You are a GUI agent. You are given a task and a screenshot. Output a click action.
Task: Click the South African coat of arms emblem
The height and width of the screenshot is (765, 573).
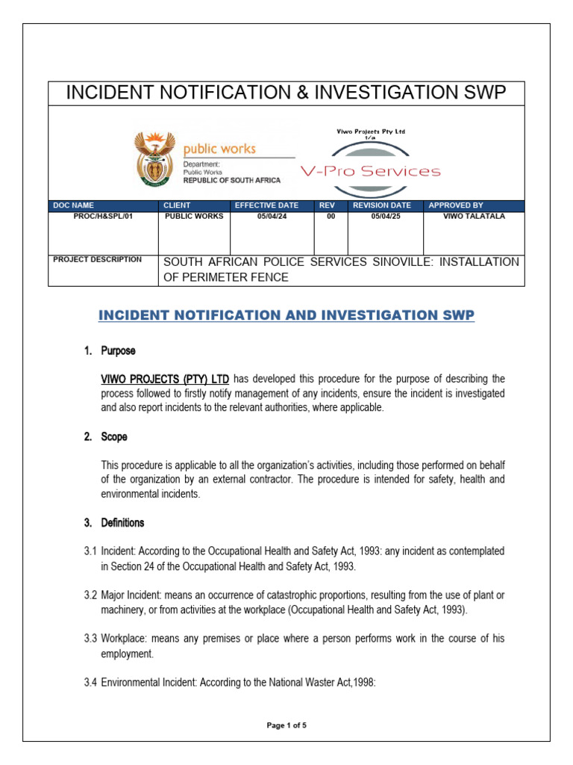(x=154, y=159)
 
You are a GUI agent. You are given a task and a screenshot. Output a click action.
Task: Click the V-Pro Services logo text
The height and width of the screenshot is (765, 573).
(x=370, y=172)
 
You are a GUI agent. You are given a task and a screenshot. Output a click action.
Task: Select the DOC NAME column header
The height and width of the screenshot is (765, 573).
(x=74, y=205)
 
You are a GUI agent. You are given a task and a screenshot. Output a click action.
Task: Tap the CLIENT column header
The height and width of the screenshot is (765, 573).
(x=178, y=205)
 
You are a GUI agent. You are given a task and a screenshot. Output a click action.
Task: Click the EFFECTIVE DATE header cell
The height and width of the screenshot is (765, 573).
(x=266, y=205)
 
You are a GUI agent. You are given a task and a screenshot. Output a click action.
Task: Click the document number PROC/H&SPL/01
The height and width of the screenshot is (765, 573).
(x=103, y=217)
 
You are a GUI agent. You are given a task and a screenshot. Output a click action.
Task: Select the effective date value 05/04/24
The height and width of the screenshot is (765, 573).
(x=272, y=217)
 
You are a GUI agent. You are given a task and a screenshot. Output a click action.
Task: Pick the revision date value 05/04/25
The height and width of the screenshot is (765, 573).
(x=386, y=217)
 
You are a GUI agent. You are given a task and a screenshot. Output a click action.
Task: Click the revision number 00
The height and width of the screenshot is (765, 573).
(x=331, y=217)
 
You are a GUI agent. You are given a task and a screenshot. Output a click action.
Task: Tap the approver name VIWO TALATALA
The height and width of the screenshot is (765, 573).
(x=474, y=217)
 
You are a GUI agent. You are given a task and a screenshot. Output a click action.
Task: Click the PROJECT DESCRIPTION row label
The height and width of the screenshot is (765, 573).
(x=97, y=260)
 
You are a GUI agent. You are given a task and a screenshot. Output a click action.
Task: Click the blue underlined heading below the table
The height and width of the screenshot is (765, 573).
(x=286, y=315)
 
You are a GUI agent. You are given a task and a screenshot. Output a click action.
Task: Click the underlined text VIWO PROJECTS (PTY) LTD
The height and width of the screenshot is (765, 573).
(x=165, y=378)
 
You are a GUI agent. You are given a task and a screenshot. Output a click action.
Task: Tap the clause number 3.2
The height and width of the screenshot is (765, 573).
(x=90, y=595)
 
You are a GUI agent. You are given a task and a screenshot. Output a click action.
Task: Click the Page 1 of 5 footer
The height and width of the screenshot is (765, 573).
(x=286, y=724)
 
